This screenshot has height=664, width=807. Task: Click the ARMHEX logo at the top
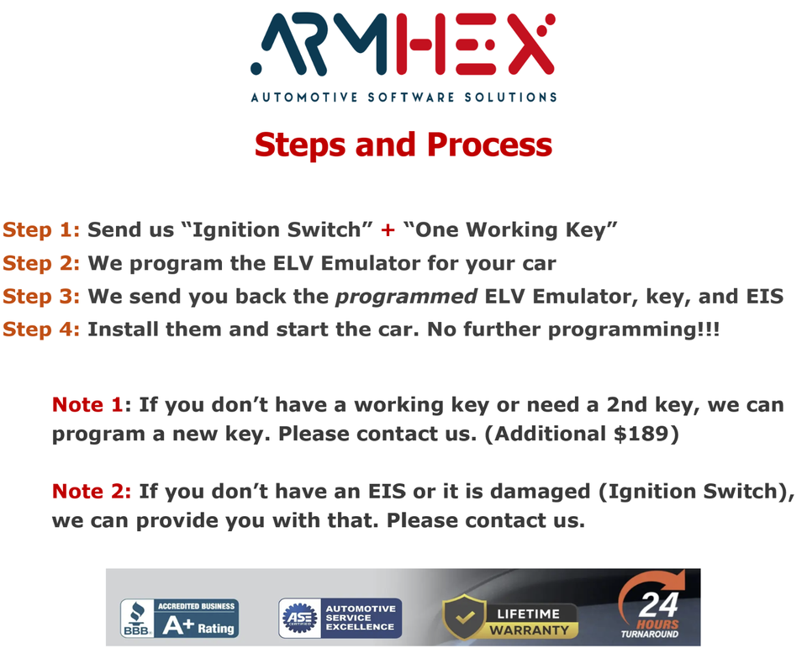[x=403, y=44]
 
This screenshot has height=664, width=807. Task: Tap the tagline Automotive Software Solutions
[x=403, y=97]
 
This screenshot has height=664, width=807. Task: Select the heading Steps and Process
[x=403, y=145]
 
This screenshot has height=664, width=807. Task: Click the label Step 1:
[x=41, y=230]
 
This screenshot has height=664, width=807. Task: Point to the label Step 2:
[x=41, y=263]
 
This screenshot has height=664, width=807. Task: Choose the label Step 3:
[x=41, y=296]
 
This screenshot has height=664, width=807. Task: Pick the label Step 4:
[x=41, y=329]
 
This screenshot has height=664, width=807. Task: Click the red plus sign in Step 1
[x=388, y=230]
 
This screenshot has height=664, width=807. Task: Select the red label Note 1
[x=87, y=404]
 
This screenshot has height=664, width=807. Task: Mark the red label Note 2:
[x=92, y=491]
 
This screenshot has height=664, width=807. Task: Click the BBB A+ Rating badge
[x=179, y=618]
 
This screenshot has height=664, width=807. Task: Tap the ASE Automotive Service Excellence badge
[x=340, y=618]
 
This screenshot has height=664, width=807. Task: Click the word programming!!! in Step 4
[x=634, y=329]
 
